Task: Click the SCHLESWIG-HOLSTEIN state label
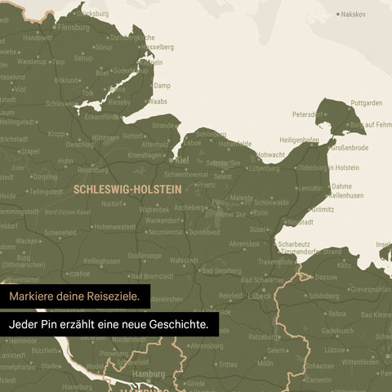coord(126,188)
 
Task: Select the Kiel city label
coord(182,161)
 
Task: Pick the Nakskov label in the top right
coord(354,14)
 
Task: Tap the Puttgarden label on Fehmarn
coord(367,103)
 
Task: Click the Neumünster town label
coord(166,233)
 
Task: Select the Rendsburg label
coord(93,170)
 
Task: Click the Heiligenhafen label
coord(298,140)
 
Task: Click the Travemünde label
coord(278,261)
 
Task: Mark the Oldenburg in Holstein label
coord(327,167)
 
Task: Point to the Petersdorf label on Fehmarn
coord(309,114)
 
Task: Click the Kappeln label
coord(150,61)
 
